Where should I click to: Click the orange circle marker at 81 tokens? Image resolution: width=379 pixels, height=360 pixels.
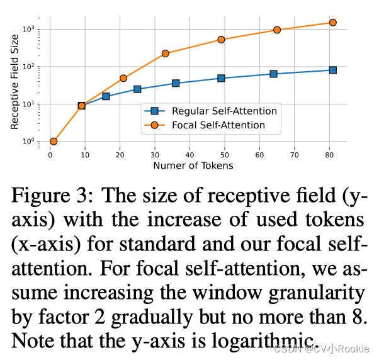[333, 23]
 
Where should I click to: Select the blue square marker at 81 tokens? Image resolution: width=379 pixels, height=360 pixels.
[333, 70]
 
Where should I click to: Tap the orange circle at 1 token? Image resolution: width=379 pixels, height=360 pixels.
[54, 142]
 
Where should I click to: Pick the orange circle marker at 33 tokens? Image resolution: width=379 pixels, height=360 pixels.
[166, 53]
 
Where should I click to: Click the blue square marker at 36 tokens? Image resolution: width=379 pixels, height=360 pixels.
[176, 83]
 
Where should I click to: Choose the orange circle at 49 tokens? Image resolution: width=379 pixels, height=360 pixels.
[221, 40]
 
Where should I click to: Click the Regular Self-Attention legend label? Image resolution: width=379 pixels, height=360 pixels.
[224, 111]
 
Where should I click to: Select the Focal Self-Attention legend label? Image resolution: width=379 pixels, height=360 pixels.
[218, 125]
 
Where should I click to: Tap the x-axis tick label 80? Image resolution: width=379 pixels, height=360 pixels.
[329, 155]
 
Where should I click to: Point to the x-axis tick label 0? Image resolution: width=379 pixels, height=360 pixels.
[50, 155]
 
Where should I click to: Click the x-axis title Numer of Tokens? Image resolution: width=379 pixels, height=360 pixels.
[193, 166]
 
